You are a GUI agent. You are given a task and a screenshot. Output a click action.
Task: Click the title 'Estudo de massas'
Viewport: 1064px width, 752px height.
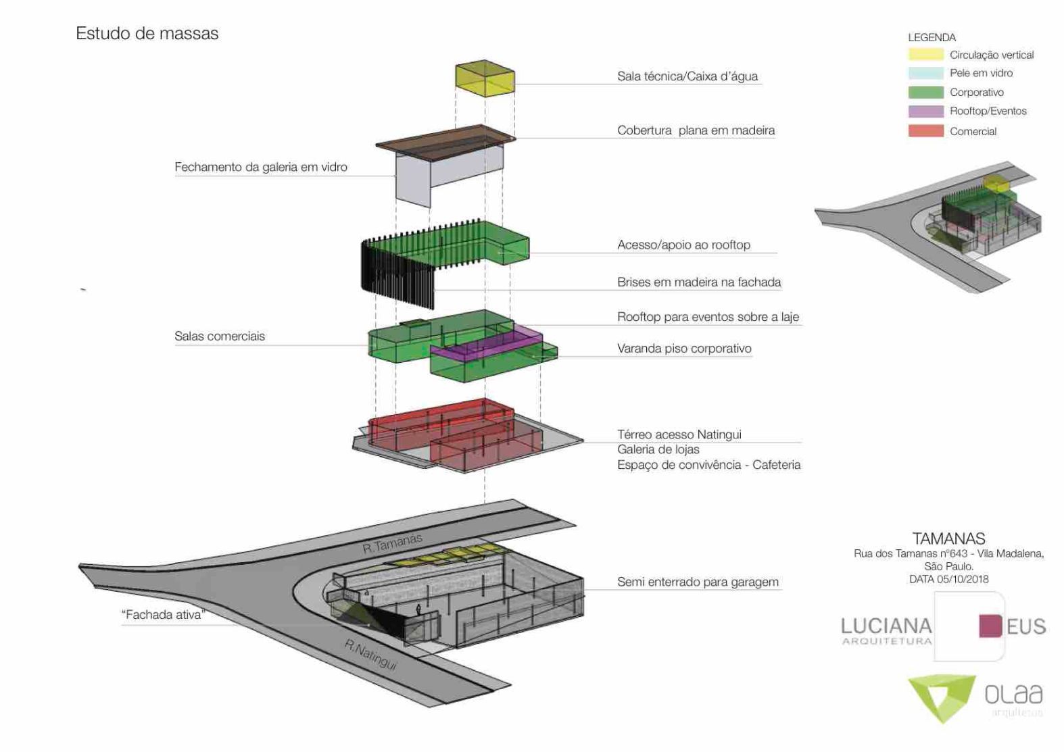click(x=147, y=33)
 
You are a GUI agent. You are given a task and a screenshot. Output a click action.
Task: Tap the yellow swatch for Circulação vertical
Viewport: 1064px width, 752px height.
click(x=925, y=55)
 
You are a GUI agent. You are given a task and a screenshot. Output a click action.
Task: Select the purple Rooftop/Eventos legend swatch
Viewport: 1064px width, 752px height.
click(x=925, y=111)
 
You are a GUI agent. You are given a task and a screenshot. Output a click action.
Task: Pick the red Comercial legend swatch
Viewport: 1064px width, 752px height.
click(x=925, y=131)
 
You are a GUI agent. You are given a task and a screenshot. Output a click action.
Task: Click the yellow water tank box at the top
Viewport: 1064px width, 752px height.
click(x=485, y=78)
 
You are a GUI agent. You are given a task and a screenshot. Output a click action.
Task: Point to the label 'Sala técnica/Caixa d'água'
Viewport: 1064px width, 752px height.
click(x=687, y=76)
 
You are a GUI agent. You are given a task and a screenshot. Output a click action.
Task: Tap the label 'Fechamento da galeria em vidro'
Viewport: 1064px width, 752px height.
click(x=260, y=167)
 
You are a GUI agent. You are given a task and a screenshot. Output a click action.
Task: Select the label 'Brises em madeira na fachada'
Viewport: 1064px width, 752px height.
click(x=698, y=282)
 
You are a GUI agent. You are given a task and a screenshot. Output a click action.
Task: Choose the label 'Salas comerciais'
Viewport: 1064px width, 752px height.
click(x=219, y=336)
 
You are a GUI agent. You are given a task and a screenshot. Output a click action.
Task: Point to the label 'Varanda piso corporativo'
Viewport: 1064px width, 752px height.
click(x=683, y=348)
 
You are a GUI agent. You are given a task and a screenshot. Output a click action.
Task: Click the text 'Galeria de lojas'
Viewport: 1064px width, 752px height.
click(x=658, y=449)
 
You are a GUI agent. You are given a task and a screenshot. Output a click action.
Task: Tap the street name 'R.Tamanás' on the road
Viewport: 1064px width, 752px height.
click(x=392, y=543)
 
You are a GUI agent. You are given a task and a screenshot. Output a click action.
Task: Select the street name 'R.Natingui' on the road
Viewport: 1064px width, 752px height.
click(x=370, y=654)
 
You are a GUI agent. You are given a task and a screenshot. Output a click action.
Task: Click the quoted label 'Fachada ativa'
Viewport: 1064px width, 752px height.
click(x=163, y=614)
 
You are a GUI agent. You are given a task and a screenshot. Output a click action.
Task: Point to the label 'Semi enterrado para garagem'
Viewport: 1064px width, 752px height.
click(x=697, y=582)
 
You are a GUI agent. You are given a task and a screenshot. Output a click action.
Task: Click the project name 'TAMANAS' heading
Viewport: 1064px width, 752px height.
click(x=948, y=538)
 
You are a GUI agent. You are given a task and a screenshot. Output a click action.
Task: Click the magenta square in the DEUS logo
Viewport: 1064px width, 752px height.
click(x=990, y=626)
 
